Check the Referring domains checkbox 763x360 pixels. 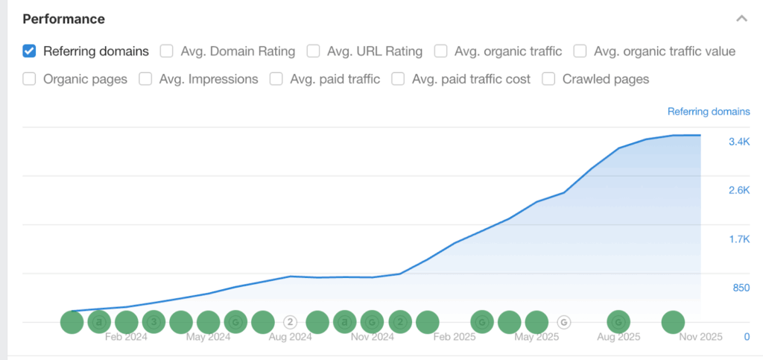pyautogui.click(x=30, y=51)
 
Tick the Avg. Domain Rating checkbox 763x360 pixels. pyautogui.click(x=167, y=51)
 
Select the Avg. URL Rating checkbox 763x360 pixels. pyautogui.click(x=314, y=51)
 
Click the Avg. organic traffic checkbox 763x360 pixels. pyautogui.click(x=441, y=51)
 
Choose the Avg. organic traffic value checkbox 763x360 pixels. pyautogui.click(x=580, y=51)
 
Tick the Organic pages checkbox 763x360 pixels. pyautogui.click(x=30, y=79)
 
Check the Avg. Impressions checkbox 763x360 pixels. pyautogui.click(x=146, y=79)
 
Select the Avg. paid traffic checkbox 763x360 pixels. pyautogui.click(x=276, y=79)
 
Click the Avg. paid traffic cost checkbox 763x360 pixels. pyautogui.click(x=399, y=79)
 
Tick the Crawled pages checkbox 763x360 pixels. pyautogui.click(x=549, y=79)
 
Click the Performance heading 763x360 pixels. pyautogui.click(x=64, y=19)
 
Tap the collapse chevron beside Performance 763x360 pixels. pyautogui.click(x=741, y=19)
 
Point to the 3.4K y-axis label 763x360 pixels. pyautogui.click(x=738, y=142)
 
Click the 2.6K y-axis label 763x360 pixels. pyautogui.click(x=738, y=191)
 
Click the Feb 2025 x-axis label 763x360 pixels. pyautogui.click(x=455, y=337)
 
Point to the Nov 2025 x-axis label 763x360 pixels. pyautogui.click(x=700, y=337)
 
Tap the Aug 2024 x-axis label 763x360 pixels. pyautogui.click(x=290, y=337)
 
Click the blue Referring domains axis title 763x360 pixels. pyautogui.click(x=709, y=112)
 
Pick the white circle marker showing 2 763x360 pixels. pyautogui.click(x=290, y=322)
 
